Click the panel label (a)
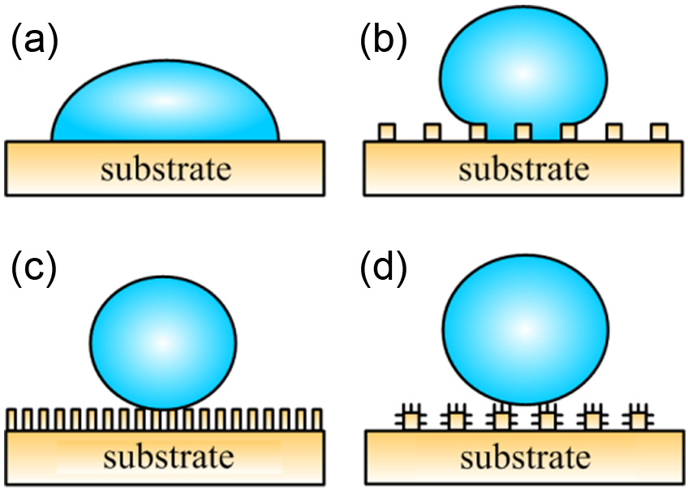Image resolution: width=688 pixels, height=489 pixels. [x=35, y=39]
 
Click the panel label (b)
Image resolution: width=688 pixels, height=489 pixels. [x=384, y=39]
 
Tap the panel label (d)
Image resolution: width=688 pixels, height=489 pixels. [x=384, y=268]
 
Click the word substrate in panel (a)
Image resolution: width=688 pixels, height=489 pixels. [x=166, y=169]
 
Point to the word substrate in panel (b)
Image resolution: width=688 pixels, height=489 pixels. [x=524, y=169]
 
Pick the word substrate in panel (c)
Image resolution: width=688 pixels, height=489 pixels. [x=169, y=457]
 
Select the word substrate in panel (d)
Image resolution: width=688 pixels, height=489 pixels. [x=525, y=457]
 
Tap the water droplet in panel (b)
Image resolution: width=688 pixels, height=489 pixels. [x=523, y=71]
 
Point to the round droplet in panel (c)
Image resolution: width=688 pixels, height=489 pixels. [x=163, y=343]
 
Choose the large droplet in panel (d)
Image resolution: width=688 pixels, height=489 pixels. [x=526, y=329]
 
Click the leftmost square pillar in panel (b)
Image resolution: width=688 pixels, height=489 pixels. [x=387, y=132]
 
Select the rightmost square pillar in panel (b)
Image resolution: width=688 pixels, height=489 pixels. [x=659, y=132]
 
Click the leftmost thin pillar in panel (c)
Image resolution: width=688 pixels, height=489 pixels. [x=11, y=419]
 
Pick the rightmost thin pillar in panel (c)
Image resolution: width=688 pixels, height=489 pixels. [x=317, y=419]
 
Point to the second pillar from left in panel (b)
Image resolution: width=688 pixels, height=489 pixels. [x=432, y=132]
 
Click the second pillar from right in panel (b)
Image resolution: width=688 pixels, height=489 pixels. [x=614, y=132]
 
